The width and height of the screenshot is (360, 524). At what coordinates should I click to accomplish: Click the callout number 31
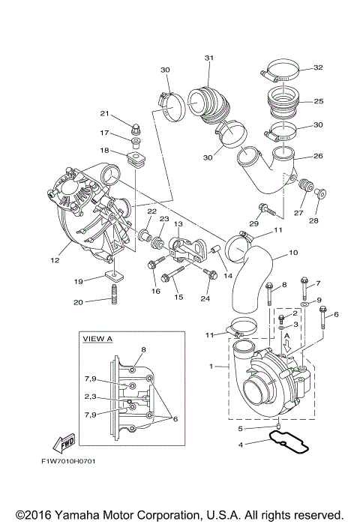pyautogui.click(x=208, y=58)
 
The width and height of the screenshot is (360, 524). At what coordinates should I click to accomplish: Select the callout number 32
pyautogui.click(x=318, y=67)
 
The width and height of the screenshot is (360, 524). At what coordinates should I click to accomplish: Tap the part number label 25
pyautogui.click(x=318, y=100)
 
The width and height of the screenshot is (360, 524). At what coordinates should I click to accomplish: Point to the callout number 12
pyautogui.click(x=55, y=260)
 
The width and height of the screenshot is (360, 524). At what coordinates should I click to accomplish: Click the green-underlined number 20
pyautogui.click(x=98, y=303)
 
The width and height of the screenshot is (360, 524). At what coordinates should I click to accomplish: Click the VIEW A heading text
pyautogui.click(x=97, y=339)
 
